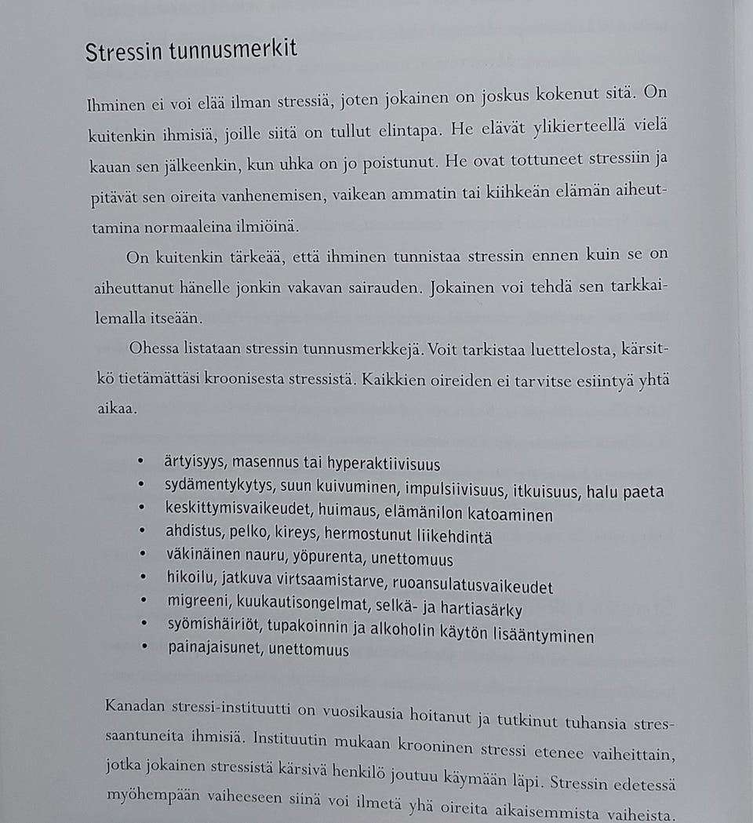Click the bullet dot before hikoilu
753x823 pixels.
142,579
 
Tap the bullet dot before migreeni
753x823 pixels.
142,602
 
